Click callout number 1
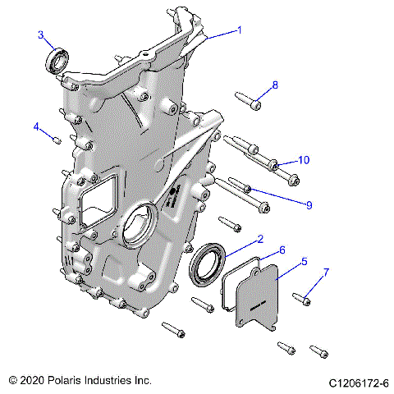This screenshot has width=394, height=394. [x=239, y=30]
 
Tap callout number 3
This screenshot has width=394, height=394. [x=40, y=34]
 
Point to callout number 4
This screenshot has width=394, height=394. [x=36, y=126]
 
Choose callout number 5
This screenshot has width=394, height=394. [x=304, y=262]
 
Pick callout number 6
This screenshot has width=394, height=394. [x=282, y=250]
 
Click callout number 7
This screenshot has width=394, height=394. [x=326, y=272]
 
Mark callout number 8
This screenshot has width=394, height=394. [x=275, y=85]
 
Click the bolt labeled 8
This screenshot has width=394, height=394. [x=247, y=100]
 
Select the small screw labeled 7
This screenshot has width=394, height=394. [x=301, y=299]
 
